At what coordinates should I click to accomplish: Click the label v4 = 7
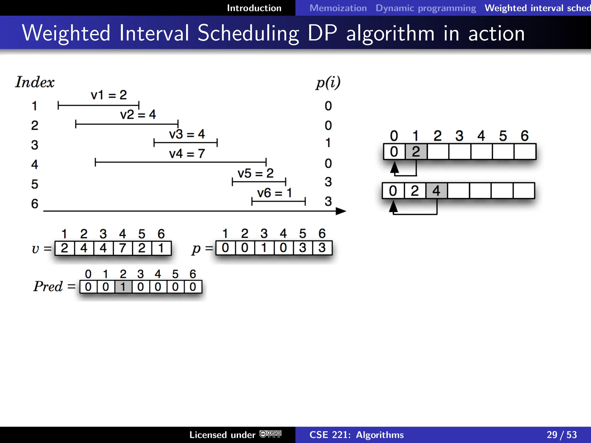[x=187, y=153]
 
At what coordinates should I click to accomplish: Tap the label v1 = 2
[x=109, y=95]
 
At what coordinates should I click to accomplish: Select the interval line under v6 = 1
[x=278, y=201]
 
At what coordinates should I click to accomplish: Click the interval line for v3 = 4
[x=185, y=142]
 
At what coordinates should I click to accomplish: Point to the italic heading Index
[x=35, y=82]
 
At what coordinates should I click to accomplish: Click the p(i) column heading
[x=328, y=83]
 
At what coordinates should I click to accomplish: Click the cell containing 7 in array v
[x=122, y=248]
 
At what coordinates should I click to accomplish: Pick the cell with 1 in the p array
[x=264, y=248]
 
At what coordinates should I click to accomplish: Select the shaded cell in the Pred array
[x=123, y=287]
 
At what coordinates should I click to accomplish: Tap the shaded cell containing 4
[x=436, y=191]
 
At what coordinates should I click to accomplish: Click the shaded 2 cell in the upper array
[x=416, y=152]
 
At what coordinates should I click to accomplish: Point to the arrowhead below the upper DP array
[x=394, y=167]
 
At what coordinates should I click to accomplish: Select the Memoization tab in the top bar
[x=338, y=8]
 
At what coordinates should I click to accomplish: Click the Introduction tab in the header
[x=254, y=8]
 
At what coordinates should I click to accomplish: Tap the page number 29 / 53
[x=561, y=435]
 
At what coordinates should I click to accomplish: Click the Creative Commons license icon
[x=270, y=434]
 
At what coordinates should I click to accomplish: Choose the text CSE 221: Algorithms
[x=356, y=435]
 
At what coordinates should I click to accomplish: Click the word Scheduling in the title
[x=248, y=33]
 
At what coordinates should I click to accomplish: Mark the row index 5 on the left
[x=35, y=184]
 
